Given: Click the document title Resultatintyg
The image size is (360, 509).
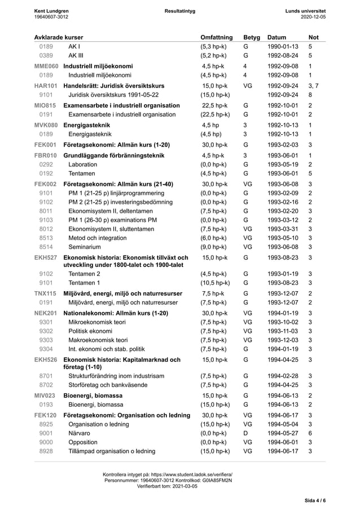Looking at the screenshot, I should [x=180, y=11].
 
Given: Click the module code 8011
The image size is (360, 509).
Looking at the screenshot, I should [x=46, y=210].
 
